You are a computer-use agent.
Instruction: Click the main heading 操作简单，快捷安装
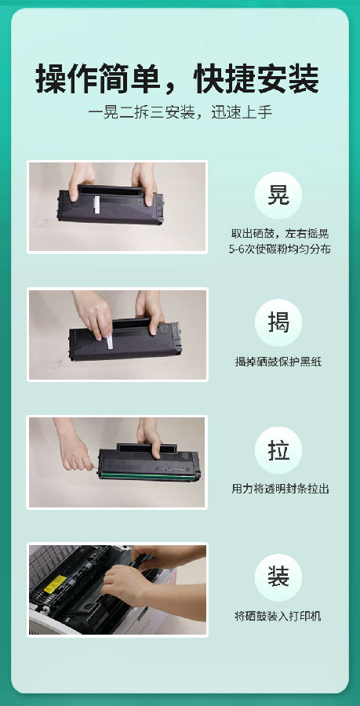tap(177, 79)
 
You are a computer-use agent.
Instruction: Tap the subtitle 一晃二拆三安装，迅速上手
tap(180, 112)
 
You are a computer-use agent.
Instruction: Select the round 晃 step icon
tap(278, 195)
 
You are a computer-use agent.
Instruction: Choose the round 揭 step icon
tap(278, 322)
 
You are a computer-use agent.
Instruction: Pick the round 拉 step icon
tap(278, 450)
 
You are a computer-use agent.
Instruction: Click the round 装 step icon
tap(278, 577)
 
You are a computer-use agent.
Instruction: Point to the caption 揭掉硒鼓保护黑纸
tap(278, 362)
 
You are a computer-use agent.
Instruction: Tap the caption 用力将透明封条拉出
tap(280, 489)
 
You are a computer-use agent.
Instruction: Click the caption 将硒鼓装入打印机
tap(278, 617)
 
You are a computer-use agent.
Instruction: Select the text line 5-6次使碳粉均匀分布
tap(279, 249)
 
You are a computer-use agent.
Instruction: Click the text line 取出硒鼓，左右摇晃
tap(280, 234)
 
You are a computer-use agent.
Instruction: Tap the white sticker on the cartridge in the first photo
tap(96, 205)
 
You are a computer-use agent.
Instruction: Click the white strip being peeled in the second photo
tap(109, 342)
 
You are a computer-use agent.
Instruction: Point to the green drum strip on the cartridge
tap(148, 475)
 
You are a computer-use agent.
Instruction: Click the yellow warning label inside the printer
tap(55, 583)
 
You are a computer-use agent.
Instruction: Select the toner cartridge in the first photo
tap(111, 205)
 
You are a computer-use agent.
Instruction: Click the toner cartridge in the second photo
tap(125, 339)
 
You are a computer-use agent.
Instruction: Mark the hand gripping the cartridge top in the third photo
tap(149, 437)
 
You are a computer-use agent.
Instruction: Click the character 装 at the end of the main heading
tap(304, 79)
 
